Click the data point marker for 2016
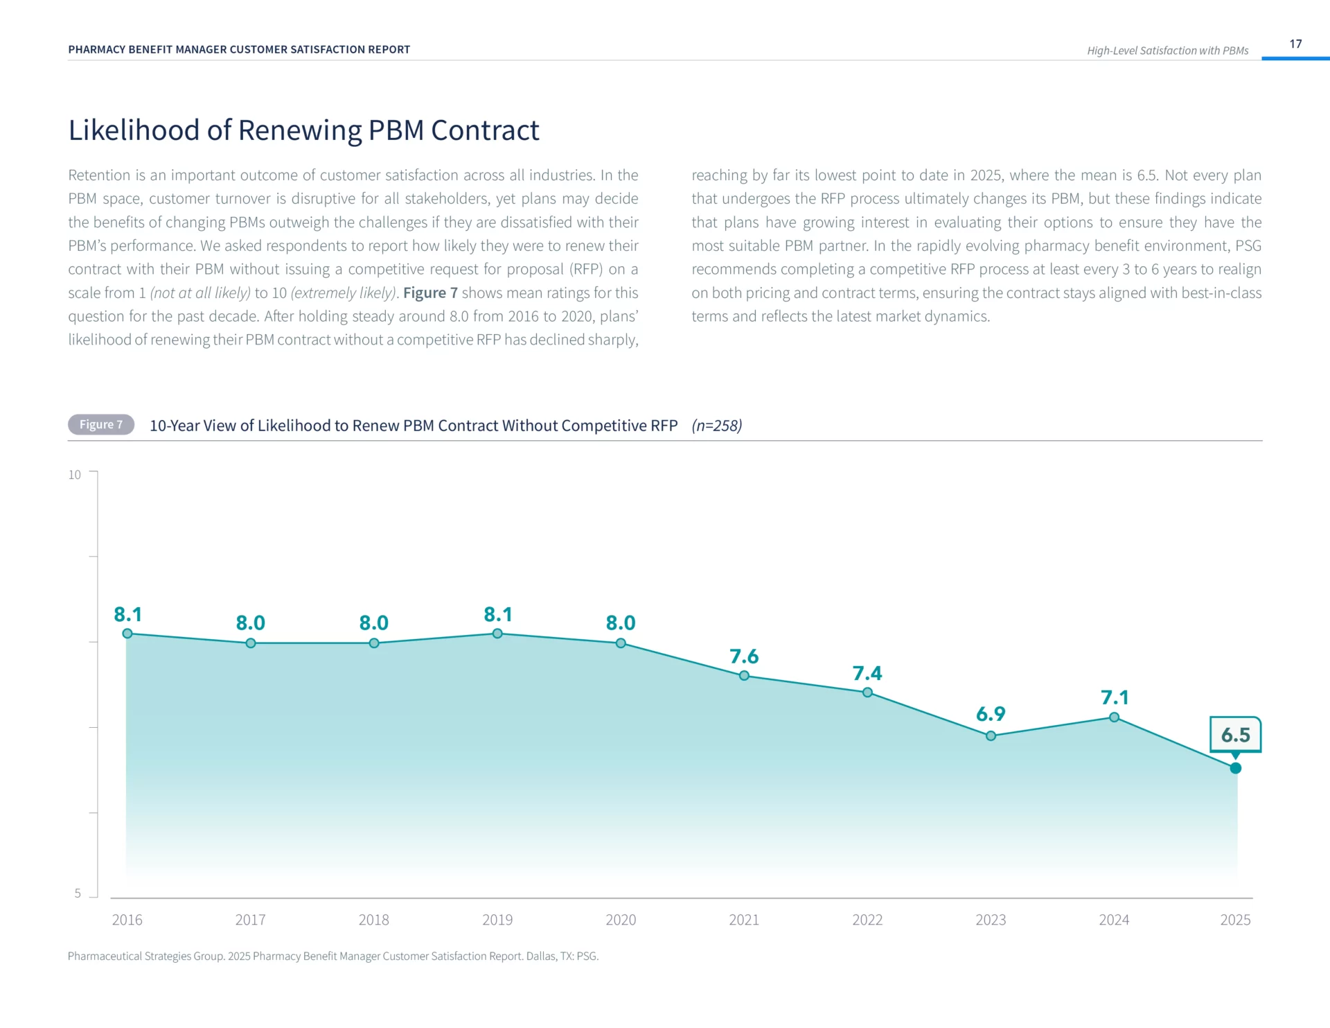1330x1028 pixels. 127,634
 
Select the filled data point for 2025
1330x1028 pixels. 1236,768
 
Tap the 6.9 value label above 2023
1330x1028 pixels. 991,714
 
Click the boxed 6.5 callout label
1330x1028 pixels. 1236,735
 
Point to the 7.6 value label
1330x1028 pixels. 744,656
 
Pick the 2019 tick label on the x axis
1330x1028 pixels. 497,920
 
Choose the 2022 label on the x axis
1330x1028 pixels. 867,920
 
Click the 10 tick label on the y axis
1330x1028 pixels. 74,475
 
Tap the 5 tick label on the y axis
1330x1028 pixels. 78,894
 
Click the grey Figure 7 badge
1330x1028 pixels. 101,425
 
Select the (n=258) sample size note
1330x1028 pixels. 716,426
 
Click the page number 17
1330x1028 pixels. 1295,44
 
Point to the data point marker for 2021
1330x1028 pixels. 744,676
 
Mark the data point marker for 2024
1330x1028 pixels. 1114,717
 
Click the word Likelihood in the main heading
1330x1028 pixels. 134,130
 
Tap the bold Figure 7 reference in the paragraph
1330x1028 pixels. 430,293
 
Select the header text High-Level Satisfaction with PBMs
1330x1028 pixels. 1167,51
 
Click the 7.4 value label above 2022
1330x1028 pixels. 867,673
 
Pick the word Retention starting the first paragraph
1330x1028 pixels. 99,175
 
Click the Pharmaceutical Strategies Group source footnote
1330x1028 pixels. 333,956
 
